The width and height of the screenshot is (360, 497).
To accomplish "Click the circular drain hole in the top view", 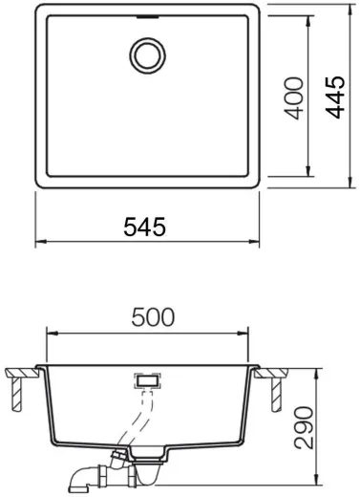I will pyautogui.click(x=147, y=54).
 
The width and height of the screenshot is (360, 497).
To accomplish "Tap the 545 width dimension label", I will pyautogui.click(x=145, y=227).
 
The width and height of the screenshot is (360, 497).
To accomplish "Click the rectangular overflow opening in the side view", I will pyautogui.click(x=147, y=380).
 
